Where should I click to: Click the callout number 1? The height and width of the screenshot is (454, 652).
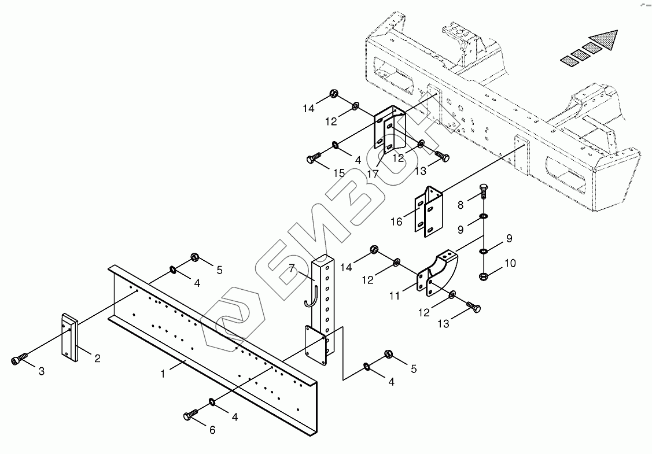click(164, 374)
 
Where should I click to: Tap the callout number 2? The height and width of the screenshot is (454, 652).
click(97, 359)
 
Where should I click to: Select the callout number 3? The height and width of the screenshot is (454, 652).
click(41, 371)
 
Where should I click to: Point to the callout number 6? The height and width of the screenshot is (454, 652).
click(212, 430)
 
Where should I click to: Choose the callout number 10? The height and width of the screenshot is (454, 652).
click(510, 264)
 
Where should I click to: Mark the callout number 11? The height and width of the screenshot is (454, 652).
click(395, 296)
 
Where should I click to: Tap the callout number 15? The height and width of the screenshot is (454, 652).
click(339, 173)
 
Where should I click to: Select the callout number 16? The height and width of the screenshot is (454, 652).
click(397, 222)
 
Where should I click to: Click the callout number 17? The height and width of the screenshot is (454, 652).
click(374, 173)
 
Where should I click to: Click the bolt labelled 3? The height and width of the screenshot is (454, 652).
click(18, 360)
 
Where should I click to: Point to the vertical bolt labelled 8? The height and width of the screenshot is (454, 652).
click(482, 191)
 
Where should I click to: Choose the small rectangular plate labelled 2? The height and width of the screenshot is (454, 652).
click(69, 337)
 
